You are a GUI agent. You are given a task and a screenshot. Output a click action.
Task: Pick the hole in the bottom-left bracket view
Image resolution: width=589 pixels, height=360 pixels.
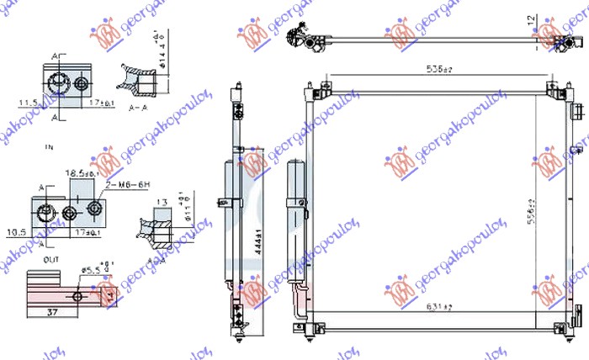click(x=77, y=296)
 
